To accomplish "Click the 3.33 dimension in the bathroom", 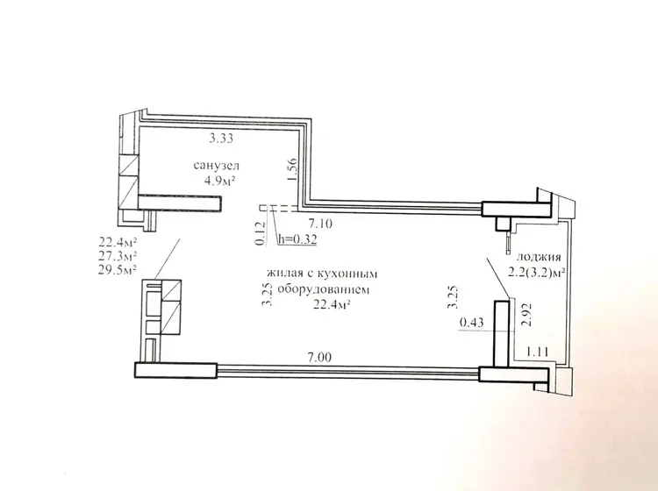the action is (x=221, y=138).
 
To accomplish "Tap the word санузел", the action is (x=217, y=165).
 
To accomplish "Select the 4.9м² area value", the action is (x=218, y=181).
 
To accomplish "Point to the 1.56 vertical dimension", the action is (x=292, y=169).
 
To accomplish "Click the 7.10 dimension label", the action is (x=320, y=224).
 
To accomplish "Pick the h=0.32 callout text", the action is (x=297, y=239).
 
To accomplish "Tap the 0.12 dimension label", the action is (x=261, y=233).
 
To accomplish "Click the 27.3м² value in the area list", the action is (x=118, y=255).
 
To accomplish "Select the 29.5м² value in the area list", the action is (x=118, y=269).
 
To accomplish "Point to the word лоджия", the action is (x=539, y=257).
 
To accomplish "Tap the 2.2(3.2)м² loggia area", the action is (x=537, y=273).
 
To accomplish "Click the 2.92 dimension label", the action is (x=526, y=315).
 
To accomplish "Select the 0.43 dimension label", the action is (x=472, y=323).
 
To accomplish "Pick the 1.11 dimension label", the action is (x=538, y=352).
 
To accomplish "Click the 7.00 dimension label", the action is (x=319, y=357).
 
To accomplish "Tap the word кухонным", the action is (x=347, y=274).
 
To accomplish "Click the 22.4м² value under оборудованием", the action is (x=332, y=304).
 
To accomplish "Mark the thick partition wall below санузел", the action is (x=180, y=203).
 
